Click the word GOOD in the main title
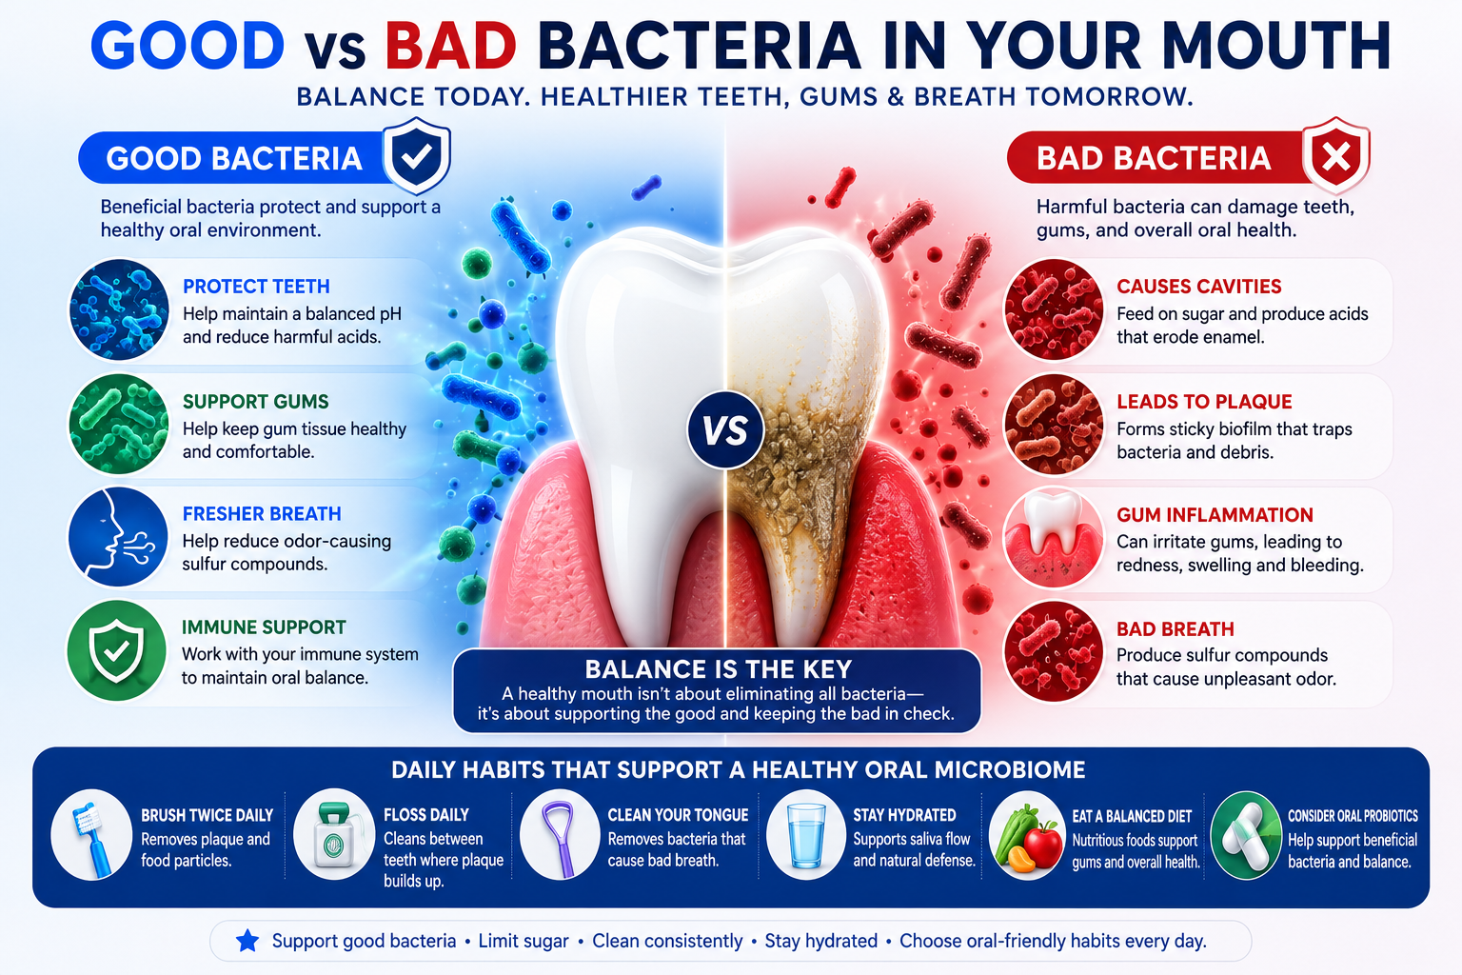point(188,46)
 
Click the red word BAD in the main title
point(451,46)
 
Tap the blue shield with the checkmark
point(416,155)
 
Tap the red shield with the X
point(1335,155)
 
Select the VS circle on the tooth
point(725,430)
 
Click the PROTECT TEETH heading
point(256,287)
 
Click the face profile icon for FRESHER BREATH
point(118,537)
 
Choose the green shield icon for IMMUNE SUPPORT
point(117,650)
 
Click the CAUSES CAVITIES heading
point(1199,287)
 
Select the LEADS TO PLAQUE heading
point(1204,402)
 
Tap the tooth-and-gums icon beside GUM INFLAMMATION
point(1053,538)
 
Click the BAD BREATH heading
point(1175,628)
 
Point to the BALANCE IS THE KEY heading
point(718,669)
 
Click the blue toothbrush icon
point(91,835)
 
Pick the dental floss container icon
point(334,835)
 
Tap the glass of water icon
point(806,835)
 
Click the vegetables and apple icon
point(1027,837)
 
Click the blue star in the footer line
point(247,941)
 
